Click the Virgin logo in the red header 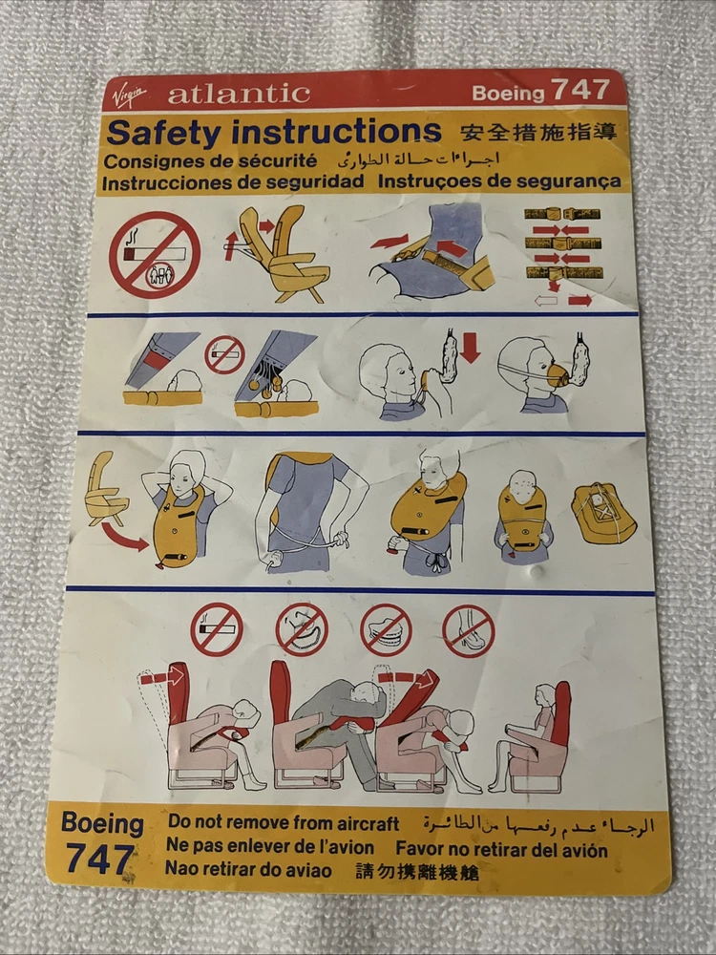point(130,96)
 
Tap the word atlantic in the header point(239,94)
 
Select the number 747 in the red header point(580,90)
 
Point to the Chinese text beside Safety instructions point(538,132)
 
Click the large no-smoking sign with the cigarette point(155,255)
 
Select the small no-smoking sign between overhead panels point(224,354)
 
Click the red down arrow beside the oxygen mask point(470,348)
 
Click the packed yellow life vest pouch point(603,512)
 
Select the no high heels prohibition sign point(468,631)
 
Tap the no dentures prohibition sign point(386,630)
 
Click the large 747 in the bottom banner point(99,859)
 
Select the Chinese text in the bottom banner point(417,872)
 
